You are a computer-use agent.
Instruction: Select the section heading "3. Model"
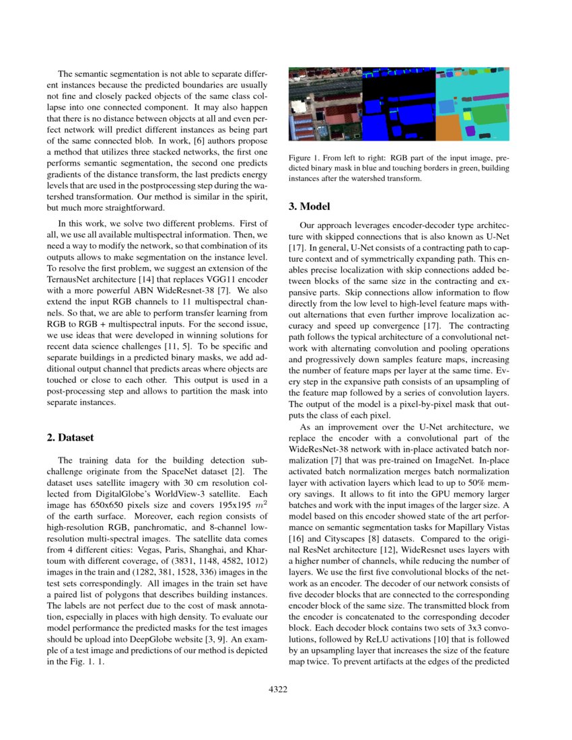[310, 206]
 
